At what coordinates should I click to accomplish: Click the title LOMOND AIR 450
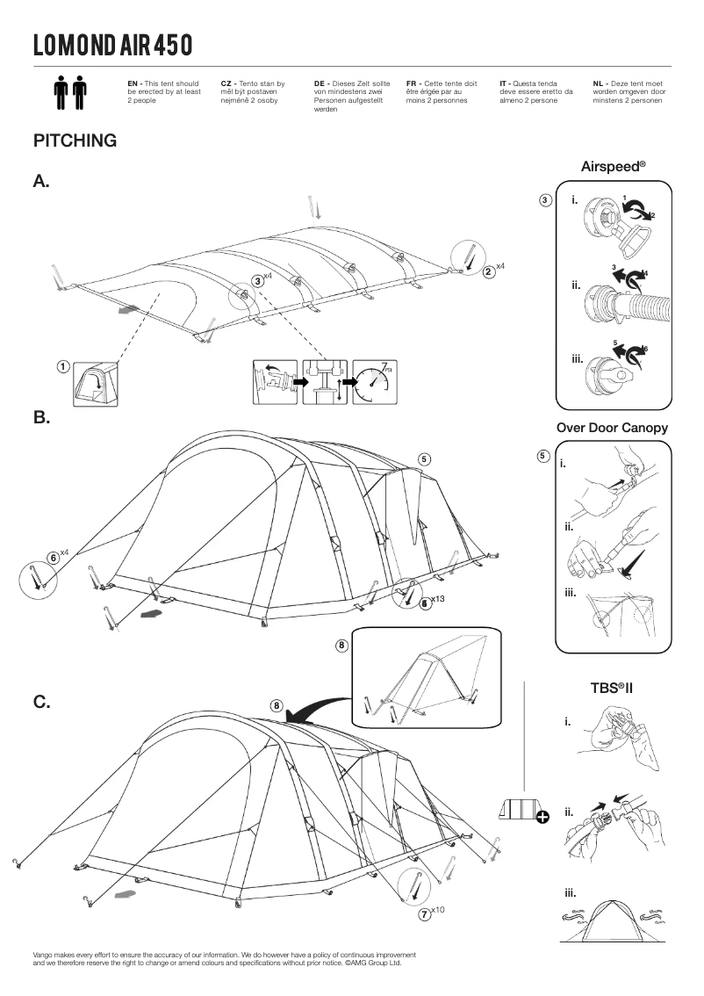[x=113, y=44]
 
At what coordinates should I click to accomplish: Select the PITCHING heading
[x=75, y=141]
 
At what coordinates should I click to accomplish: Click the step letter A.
[x=41, y=182]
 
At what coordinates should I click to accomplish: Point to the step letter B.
[x=41, y=418]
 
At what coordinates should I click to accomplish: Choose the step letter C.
[x=41, y=703]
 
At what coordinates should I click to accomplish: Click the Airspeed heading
[x=613, y=165]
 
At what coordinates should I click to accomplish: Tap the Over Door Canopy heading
[x=612, y=428]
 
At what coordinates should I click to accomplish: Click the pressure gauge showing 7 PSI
[x=374, y=382]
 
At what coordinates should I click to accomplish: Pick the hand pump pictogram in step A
[x=324, y=382]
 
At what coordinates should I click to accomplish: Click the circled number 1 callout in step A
[x=63, y=366]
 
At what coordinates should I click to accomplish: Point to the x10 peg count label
[x=438, y=910]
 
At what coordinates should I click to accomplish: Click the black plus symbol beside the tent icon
[x=542, y=818]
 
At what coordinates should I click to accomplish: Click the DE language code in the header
[x=320, y=82]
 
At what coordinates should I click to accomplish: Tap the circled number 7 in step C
[x=424, y=914]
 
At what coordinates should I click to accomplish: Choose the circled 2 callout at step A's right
[x=487, y=271]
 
